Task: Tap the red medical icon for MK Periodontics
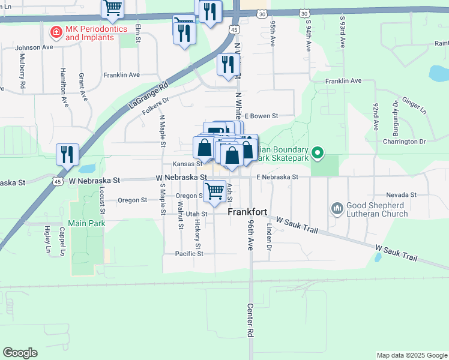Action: click(x=55, y=30)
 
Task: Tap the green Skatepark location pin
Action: click(x=319, y=154)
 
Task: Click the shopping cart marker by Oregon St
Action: click(x=214, y=192)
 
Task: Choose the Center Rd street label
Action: click(x=251, y=319)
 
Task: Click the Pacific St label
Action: click(x=189, y=254)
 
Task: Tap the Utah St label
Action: click(x=196, y=214)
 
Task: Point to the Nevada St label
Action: click(x=401, y=195)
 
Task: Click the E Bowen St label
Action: click(x=261, y=116)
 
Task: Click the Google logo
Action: click(x=20, y=352)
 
